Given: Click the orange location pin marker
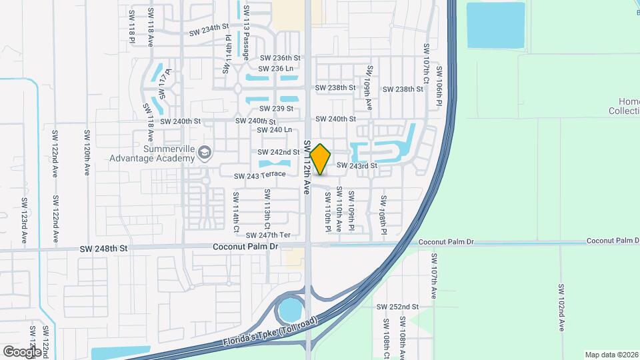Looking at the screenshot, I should pos(321,159).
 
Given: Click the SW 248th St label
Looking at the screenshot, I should pos(103,249).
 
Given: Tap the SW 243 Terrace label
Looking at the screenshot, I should pos(259,175).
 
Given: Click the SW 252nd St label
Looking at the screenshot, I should pos(397,307).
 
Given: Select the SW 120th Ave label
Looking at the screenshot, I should pos(87,153).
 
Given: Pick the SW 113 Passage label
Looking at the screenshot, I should pos(246,33).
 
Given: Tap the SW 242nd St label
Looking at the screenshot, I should pos(279,152).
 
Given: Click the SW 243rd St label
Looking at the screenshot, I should pos(357,165).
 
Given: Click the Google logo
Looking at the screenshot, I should pos(22,351).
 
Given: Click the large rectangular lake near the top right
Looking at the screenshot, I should pos(495,25).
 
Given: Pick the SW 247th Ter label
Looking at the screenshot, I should pos(269,235).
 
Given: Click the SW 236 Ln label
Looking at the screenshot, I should pos(277,69).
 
